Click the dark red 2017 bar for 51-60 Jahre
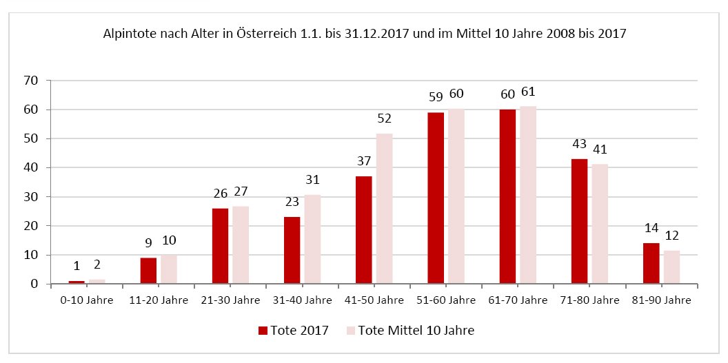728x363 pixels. click(436, 198)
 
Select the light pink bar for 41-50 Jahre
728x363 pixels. click(385, 209)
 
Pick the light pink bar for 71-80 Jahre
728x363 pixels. click(600, 224)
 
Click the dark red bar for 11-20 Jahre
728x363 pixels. click(148, 271)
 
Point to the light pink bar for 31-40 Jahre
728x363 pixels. click(312, 239)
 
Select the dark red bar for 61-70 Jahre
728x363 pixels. click(507, 197)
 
